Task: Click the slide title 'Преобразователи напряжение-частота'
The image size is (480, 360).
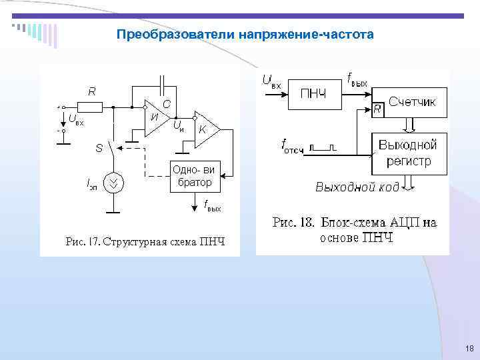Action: [x=245, y=33]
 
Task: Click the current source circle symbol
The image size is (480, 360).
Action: [x=114, y=182]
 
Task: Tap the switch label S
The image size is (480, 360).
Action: [x=99, y=148]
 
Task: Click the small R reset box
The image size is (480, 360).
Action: [x=377, y=109]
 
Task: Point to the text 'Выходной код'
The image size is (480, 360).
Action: [x=357, y=187]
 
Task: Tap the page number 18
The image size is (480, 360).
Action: [x=469, y=349]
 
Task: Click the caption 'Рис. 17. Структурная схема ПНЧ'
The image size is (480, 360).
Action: [x=145, y=241]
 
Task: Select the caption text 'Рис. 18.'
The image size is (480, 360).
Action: [x=293, y=223]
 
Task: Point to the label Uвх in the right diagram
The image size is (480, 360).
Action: [x=273, y=82]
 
